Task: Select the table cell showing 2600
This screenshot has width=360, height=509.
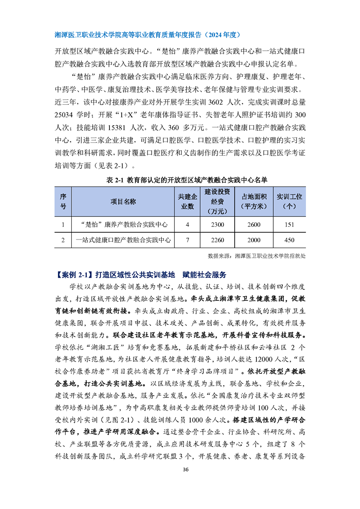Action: click(254, 225)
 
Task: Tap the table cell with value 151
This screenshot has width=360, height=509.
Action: click(289, 225)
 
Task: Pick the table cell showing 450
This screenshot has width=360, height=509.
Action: click(289, 240)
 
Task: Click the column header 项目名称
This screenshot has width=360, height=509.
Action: click(123, 201)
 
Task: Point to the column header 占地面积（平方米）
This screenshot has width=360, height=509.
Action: click(254, 201)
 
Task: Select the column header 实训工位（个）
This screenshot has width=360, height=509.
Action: click(289, 201)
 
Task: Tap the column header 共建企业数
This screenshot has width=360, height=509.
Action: click(187, 201)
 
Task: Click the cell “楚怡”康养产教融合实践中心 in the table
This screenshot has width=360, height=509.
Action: click(123, 225)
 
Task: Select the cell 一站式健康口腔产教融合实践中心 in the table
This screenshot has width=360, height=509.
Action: click(123, 240)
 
